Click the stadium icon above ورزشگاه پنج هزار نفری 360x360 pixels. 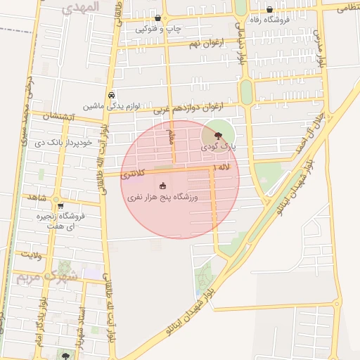[163, 186]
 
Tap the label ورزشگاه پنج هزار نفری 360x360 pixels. [164, 198]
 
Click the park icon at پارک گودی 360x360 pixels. [217, 136]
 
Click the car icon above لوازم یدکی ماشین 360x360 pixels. [111, 95]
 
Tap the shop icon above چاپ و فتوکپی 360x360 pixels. [157, 18]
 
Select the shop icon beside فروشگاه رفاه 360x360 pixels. [270, 10]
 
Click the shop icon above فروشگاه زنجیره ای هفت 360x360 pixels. [60, 206]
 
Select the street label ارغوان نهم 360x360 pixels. [205, 44]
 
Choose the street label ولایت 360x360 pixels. [32, 254]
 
